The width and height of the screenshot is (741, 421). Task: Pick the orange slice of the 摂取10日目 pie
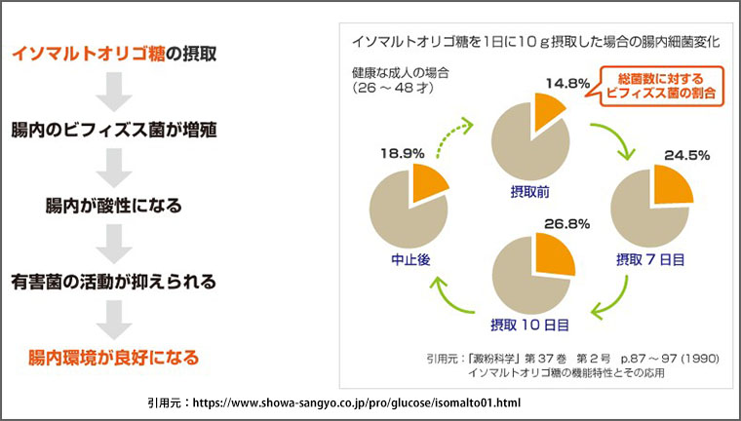tap(553, 252)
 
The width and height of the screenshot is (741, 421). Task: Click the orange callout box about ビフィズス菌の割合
tap(659, 86)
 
